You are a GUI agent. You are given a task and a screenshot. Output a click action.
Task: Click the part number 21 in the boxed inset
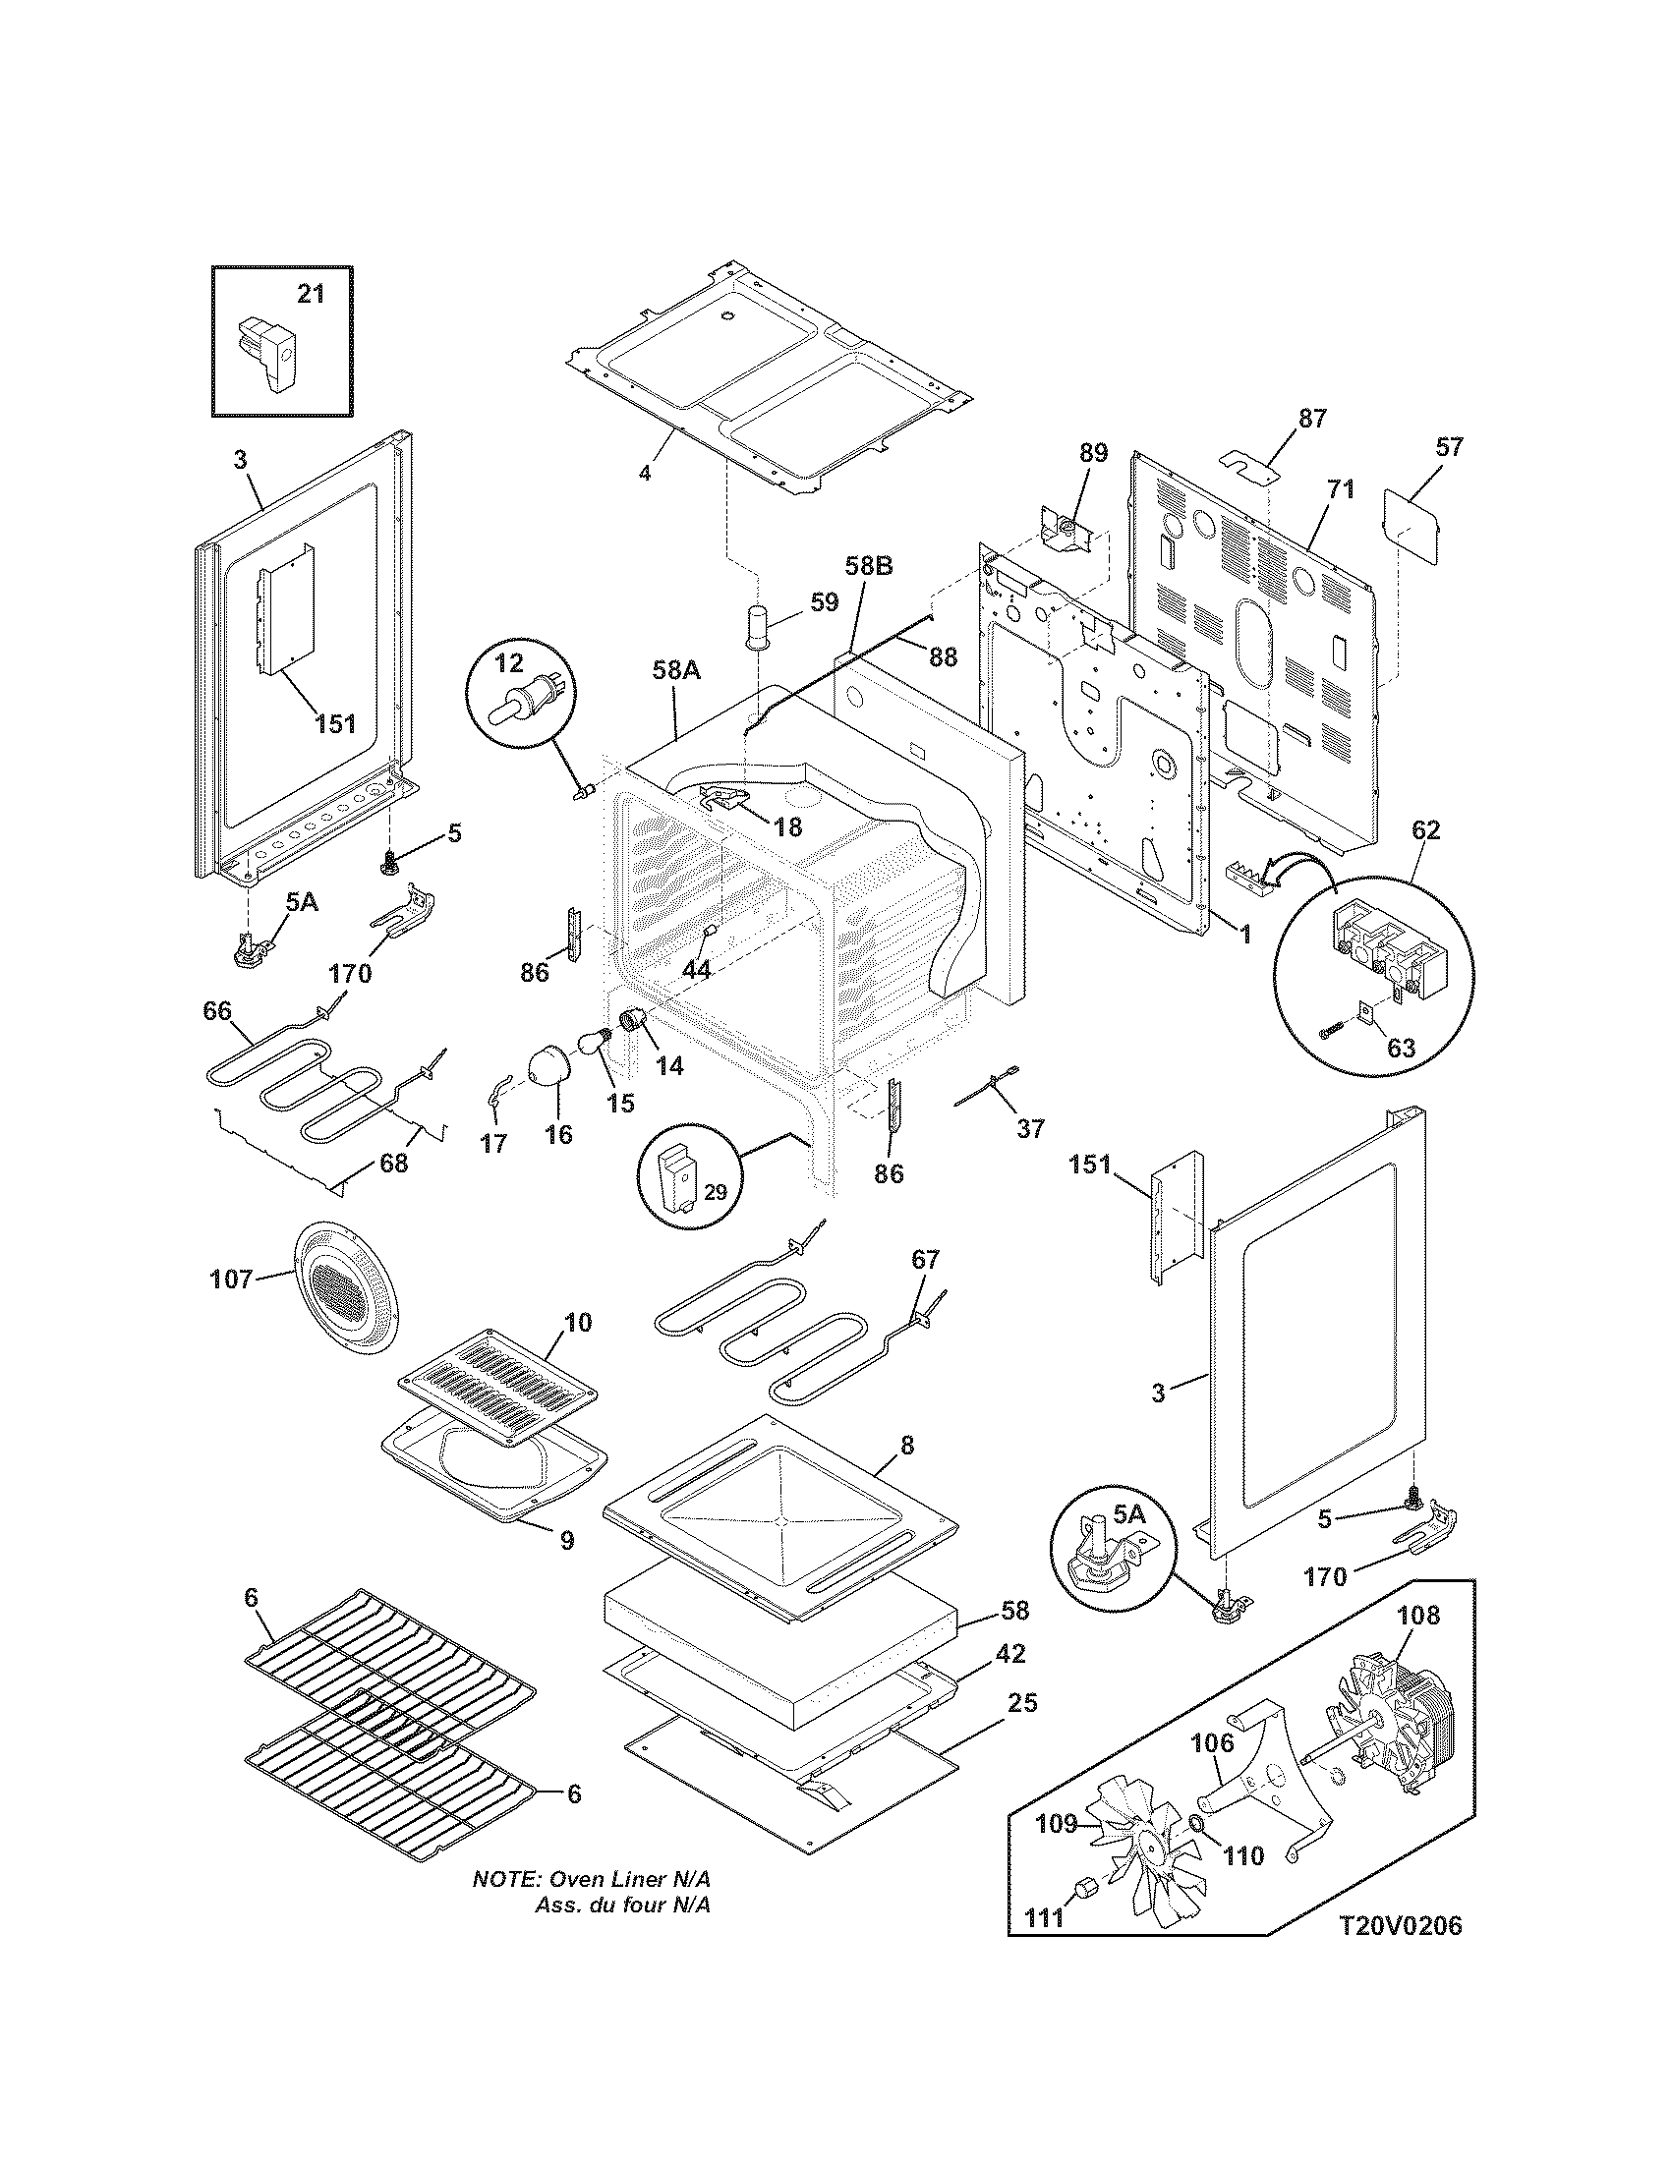[311, 294]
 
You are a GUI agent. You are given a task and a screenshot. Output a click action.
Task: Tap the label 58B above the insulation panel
[869, 567]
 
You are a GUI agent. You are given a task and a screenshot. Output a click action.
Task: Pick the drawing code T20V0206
[1400, 1954]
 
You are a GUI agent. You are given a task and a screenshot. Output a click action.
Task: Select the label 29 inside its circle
[715, 1193]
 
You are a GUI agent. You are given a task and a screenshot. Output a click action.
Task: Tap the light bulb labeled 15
[594, 1044]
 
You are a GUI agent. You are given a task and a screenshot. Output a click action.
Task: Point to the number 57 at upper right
[1447, 446]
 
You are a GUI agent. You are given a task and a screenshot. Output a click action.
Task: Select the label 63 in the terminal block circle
[1401, 1048]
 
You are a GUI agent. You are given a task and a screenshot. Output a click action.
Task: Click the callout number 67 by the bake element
[925, 1259]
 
